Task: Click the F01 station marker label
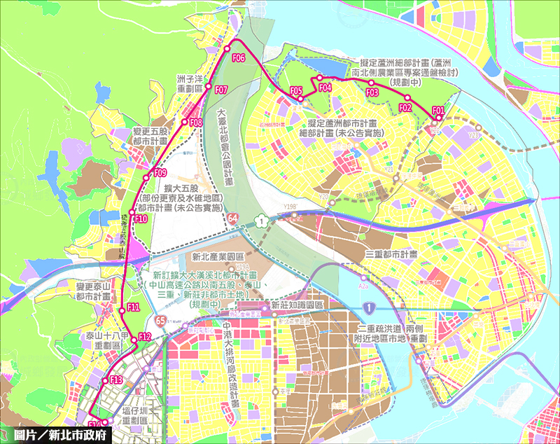438,110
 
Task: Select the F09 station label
160,173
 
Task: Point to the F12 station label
145,337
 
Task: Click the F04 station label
324,88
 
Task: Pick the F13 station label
116,380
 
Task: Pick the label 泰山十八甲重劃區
106,340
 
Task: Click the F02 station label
405,107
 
